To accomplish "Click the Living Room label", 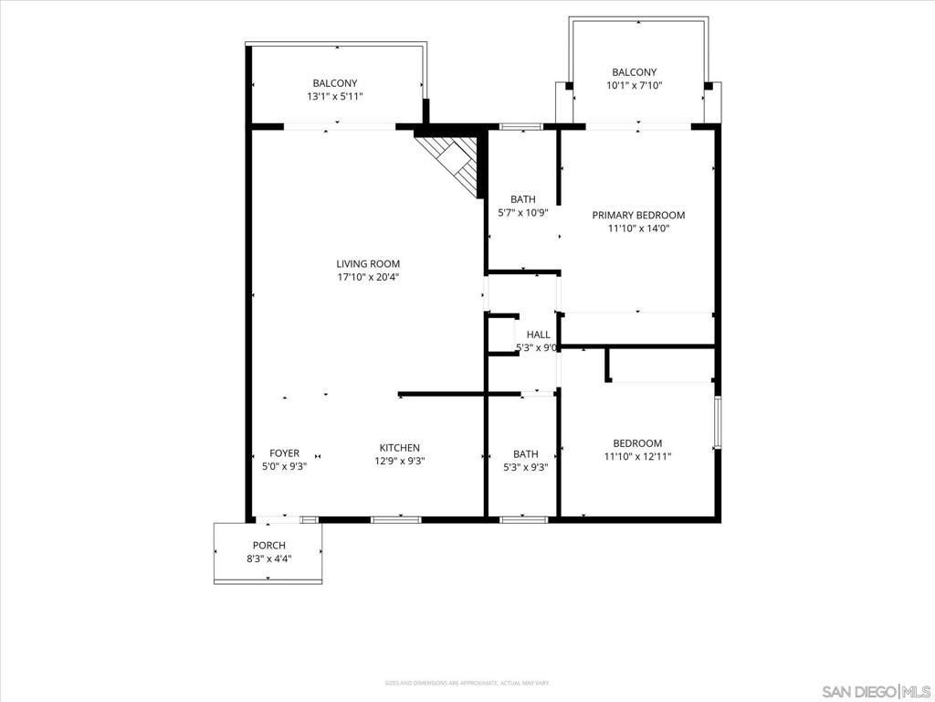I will tap(368, 264).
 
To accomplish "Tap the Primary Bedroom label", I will tap(638, 216).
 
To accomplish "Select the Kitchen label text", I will tap(400, 448).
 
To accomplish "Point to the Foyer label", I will tap(284, 453).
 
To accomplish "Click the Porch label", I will tap(269, 546).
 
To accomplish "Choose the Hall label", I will tap(539, 335).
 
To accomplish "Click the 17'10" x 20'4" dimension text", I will tap(368, 278).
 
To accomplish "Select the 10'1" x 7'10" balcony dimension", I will tap(635, 85).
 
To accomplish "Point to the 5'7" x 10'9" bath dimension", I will tap(523, 212).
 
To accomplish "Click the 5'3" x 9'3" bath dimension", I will tap(525, 467).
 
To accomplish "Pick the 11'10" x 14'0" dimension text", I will tap(638, 229).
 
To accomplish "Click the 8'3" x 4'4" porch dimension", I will tap(269, 558).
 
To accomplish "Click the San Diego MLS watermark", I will tap(876, 689).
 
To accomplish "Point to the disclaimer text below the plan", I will tap(467, 683).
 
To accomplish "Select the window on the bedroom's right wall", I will tap(718, 422).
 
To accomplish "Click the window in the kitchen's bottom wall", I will tap(396, 519).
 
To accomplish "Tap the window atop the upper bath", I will tap(521, 125).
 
